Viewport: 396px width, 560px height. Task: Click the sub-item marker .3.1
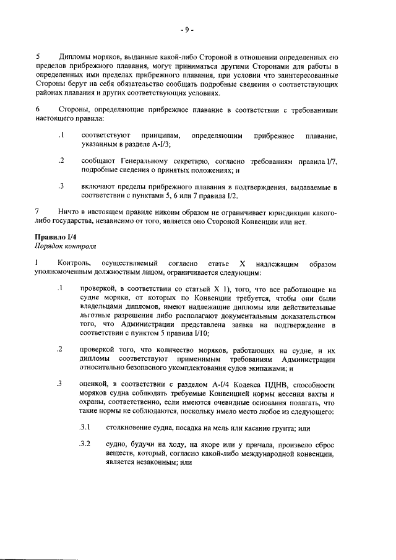[x=85, y=427]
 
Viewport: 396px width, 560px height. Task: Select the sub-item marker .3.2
[x=85, y=444]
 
